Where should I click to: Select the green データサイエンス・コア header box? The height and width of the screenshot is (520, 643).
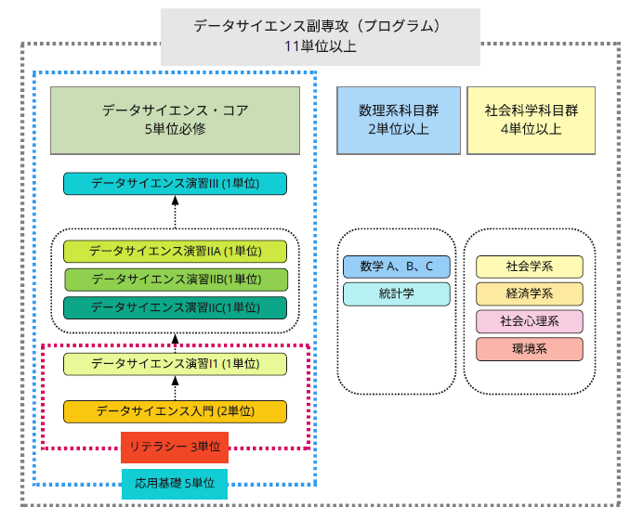[175, 120]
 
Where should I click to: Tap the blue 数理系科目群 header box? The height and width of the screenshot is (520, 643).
[399, 120]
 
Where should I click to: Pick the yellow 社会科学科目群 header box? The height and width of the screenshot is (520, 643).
[531, 120]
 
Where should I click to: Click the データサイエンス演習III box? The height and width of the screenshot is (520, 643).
[175, 184]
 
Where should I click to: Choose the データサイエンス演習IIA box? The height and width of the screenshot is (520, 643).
[175, 251]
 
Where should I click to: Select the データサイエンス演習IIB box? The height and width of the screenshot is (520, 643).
[175, 279]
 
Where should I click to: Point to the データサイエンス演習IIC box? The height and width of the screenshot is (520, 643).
[175, 307]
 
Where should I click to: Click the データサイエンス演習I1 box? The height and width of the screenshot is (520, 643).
[175, 364]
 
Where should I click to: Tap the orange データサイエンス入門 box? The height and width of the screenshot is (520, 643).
[175, 410]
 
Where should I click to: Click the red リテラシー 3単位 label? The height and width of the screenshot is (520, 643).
[175, 447]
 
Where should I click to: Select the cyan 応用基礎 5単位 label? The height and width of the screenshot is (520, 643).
[175, 483]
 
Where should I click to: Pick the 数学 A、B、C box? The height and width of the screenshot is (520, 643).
[397, 267]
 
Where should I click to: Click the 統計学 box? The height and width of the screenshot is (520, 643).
[397, 294]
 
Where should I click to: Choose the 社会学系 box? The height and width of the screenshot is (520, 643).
[530, 266]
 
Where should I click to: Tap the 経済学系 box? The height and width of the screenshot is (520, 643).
[530, 294]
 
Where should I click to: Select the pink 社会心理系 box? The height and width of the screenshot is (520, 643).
[530, 322]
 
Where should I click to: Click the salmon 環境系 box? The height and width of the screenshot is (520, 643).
[530, 350]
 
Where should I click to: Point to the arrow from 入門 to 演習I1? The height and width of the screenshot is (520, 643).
[175, 387]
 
